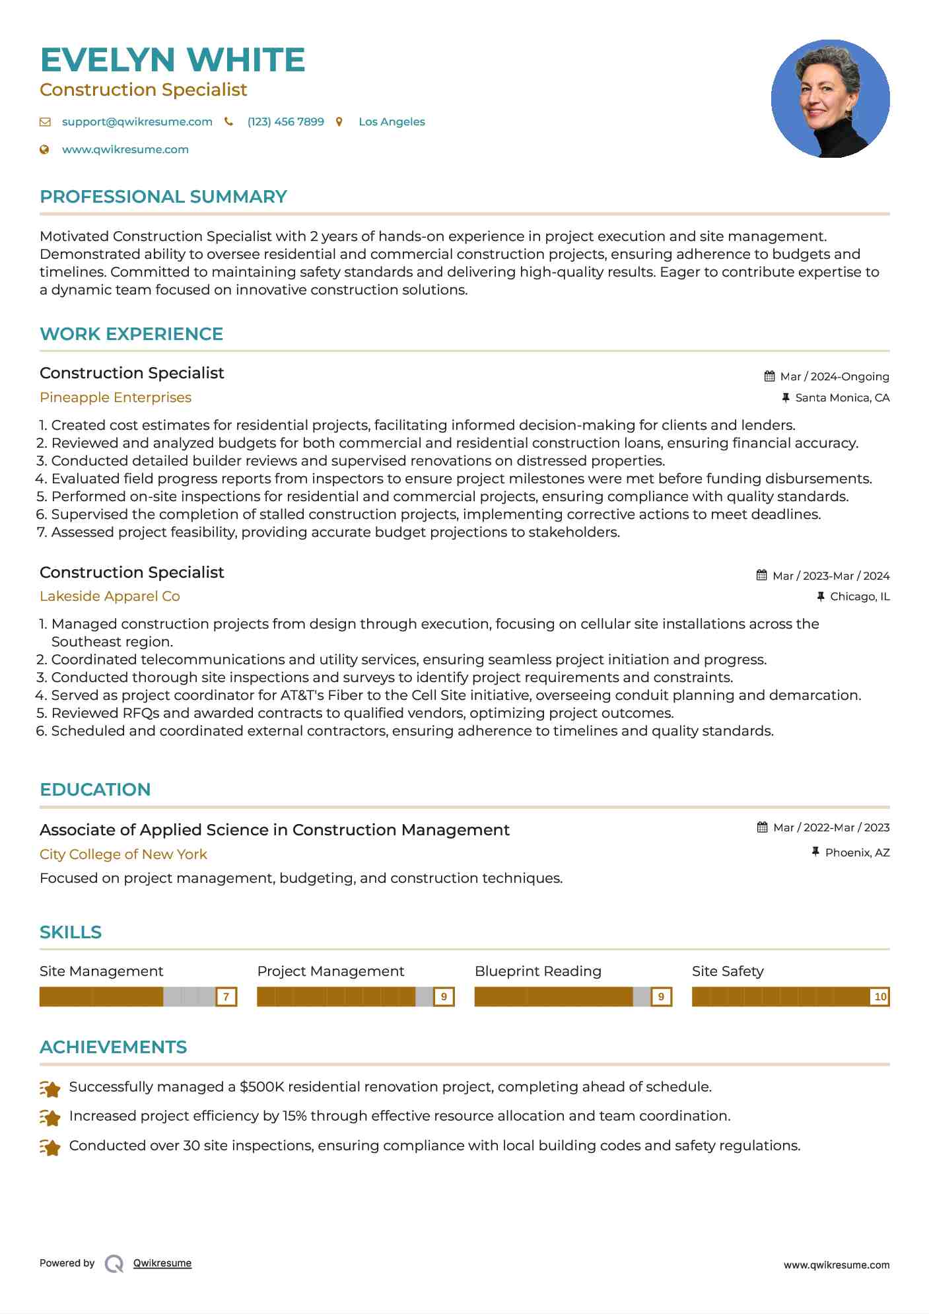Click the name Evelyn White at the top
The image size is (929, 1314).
(x=172, y=60)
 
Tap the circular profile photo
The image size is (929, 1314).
(x=830, y=99)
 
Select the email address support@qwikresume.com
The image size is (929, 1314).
(x=137, y=121)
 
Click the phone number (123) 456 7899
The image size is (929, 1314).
(x=285, y=121)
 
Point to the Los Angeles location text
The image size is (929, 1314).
(x=392, y=121)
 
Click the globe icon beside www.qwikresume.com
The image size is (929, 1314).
(x=44, y=150)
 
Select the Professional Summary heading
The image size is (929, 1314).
(x=163, y=197)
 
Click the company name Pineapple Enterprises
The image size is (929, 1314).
(x=116, y=398)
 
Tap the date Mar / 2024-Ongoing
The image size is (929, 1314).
(x=834, y=376)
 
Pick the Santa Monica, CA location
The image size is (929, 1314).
(x=842, y=398)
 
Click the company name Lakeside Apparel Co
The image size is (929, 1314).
(x=110, y=596)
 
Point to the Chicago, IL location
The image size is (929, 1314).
(x=859, y=596)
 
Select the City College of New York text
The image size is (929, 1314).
(x=123, y=854)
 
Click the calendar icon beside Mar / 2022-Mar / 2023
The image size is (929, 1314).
(x=762, y=827)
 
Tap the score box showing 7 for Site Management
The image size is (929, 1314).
(x=226, y=996)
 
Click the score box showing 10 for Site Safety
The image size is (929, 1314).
(x=879, y=996)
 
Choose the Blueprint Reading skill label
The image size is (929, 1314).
(x=538, y=971)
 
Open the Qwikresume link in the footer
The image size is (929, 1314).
(x=162, y=1263)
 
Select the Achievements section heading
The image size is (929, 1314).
(x=113, y=1047)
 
